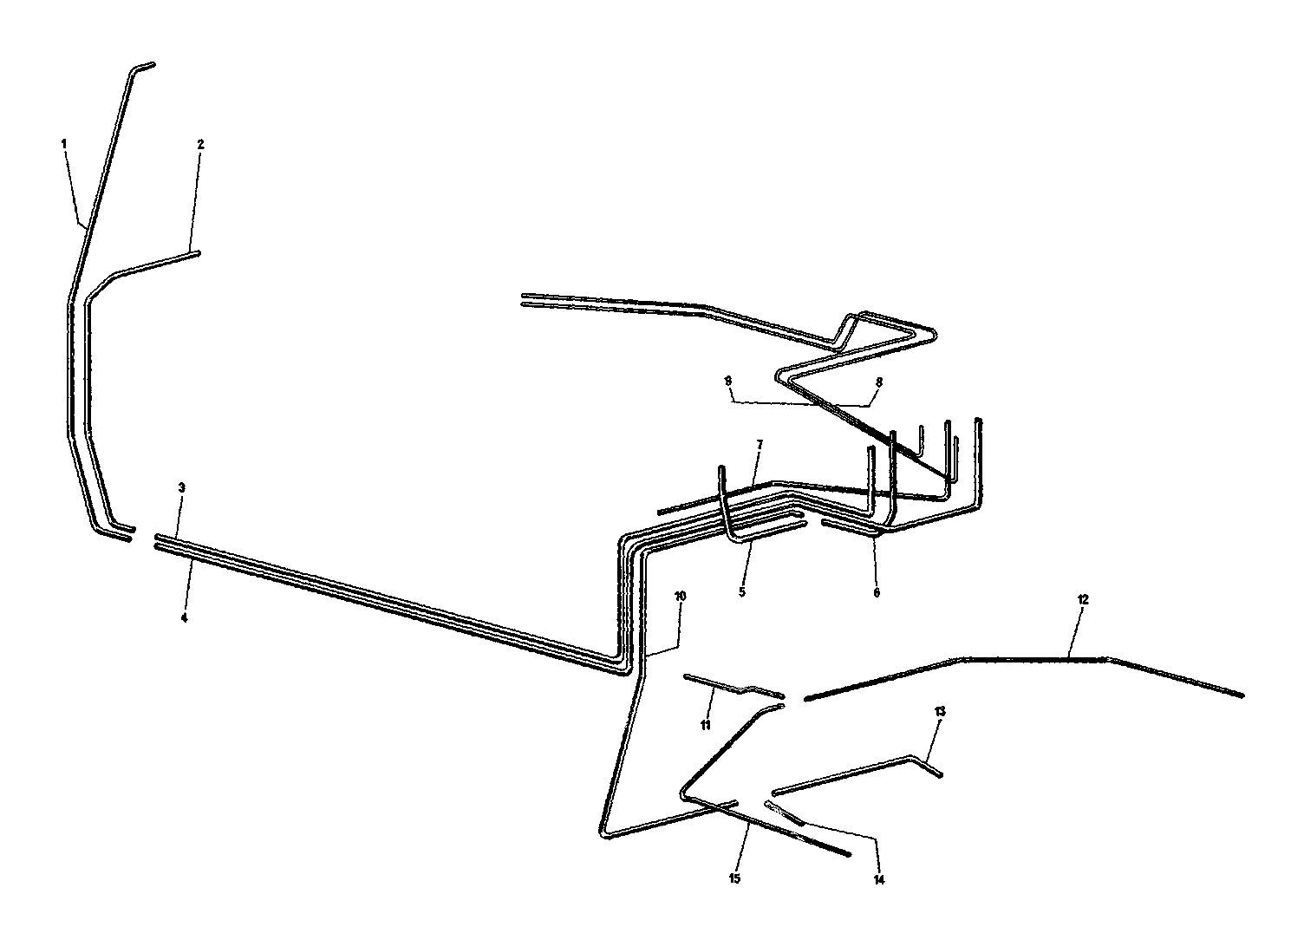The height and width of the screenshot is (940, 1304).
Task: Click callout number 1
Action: (65, 143)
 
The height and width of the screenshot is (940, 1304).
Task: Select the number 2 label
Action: (201, 145)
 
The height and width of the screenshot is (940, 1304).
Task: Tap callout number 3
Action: (181, 487)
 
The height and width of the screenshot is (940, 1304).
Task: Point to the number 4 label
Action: (185, 618)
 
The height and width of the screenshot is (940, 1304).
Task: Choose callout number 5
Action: (742, 591)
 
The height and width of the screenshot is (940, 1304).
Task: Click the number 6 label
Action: (877, 592)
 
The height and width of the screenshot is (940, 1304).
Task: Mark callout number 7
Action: (760, 445)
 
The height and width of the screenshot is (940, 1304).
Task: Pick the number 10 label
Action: (680, 596)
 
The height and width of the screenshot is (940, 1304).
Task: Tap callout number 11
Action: (706, 725)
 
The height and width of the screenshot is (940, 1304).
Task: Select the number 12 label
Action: (1083, 599)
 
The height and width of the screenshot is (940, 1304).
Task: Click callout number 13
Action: (940, 711)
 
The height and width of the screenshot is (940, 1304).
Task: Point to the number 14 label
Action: (879, 880)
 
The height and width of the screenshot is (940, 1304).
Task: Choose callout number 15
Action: (734, 878)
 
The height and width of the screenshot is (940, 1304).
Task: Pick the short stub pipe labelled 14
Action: (785, 813)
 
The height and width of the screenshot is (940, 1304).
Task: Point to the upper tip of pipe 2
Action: (199, 252)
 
